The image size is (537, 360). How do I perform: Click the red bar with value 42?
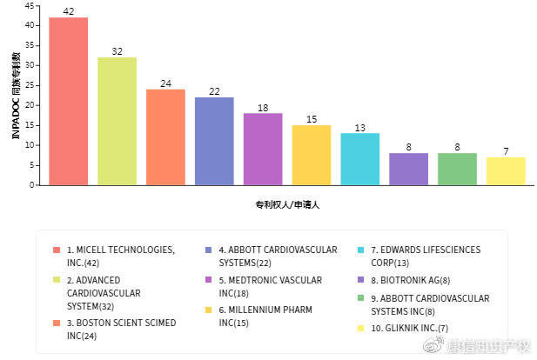[68, 101]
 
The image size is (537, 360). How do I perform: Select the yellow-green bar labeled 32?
[117, 121]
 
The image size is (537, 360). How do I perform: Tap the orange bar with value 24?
[165, 137]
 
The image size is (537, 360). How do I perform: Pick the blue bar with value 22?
[214, 141]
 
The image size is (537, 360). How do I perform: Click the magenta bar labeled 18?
[263, 149]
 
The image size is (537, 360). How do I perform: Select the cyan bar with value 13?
[359, 158]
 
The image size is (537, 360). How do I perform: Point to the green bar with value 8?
[457, 169]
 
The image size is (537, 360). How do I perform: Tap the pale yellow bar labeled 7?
[506, 170]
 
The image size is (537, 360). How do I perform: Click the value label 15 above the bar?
[311, 119]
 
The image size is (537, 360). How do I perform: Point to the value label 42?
[68, 11]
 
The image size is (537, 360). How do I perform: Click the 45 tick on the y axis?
[30, 5]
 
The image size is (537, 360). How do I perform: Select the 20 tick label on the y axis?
[30, 105]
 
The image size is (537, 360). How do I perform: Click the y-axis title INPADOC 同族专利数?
[15, 95]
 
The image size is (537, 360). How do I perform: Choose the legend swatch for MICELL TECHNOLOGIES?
[57, 250]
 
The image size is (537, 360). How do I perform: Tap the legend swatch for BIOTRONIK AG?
[361, 280]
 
